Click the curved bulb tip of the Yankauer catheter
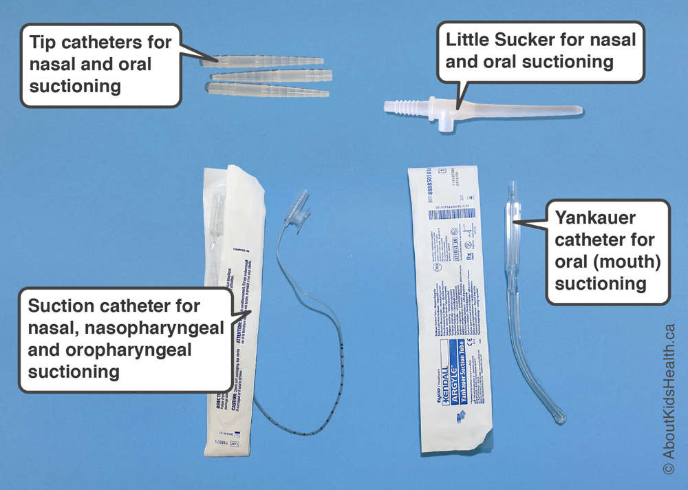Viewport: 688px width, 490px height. tap(556, 413)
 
